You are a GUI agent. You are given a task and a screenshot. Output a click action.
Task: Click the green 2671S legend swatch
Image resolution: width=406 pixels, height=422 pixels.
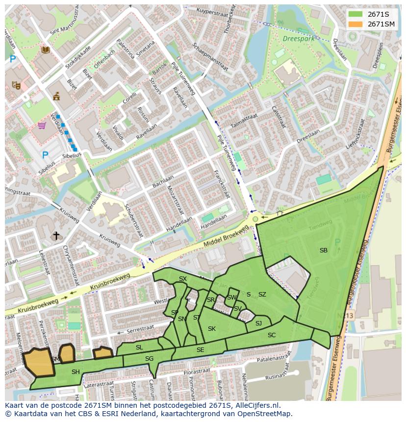tap(355, 14)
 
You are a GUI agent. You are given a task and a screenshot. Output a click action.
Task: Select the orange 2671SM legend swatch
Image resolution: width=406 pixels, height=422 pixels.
tap(355, 24)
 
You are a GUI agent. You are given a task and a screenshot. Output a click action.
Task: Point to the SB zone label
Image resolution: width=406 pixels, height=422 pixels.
tap(324, 250)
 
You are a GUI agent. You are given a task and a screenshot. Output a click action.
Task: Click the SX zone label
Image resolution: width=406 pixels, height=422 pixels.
tap(183, 279)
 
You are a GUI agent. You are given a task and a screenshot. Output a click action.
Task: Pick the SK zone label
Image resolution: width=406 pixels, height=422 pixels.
tap(212, 329)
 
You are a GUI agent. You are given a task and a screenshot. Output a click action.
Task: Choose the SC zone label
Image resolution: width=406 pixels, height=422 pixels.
tap(272, 335)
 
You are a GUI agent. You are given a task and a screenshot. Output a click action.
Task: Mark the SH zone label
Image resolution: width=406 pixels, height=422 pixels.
tap(76, 372)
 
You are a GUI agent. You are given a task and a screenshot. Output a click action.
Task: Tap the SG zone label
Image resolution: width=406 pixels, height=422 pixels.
tap(150, 359)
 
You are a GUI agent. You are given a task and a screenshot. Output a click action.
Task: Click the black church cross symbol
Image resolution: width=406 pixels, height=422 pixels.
tap(56, 236)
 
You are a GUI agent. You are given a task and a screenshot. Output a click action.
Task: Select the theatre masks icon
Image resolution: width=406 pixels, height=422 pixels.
tap(16, 85)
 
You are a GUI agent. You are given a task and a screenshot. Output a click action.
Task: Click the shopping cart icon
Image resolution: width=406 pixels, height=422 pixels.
tap(42, 125)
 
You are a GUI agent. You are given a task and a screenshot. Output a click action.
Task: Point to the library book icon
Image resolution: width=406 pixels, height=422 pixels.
tap(46, 50)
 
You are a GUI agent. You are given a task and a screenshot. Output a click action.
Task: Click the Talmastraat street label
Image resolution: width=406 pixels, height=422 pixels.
tap(244, 119)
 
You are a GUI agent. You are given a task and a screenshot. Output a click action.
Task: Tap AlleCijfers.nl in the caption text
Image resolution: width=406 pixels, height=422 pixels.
tap(256, 405)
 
